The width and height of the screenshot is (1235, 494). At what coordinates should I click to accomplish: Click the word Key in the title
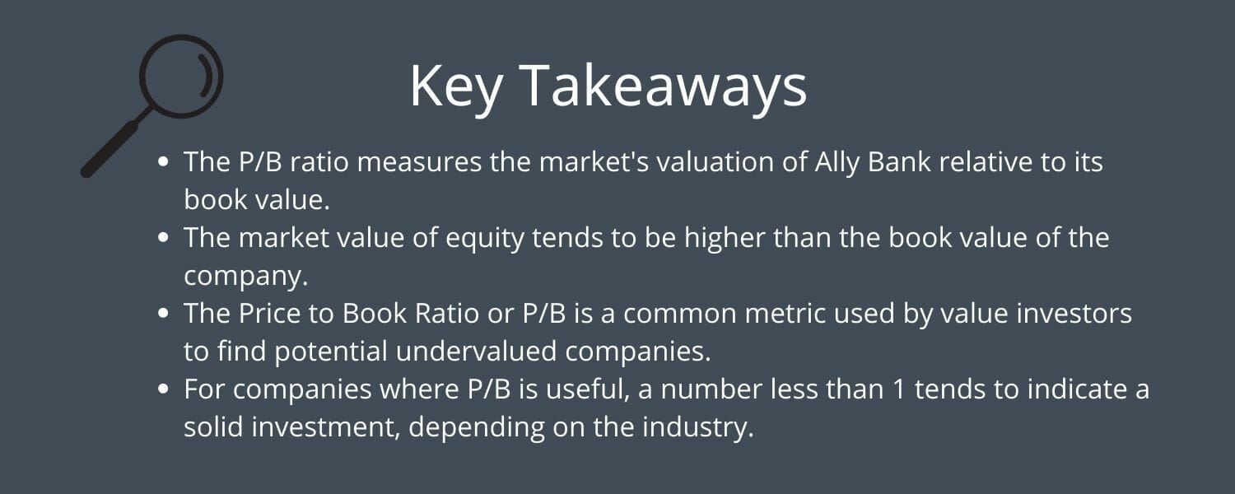(455, 86)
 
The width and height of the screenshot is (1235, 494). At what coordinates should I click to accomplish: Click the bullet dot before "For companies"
(164, 389)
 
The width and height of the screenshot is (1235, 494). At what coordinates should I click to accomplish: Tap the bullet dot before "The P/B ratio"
(164, 161)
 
